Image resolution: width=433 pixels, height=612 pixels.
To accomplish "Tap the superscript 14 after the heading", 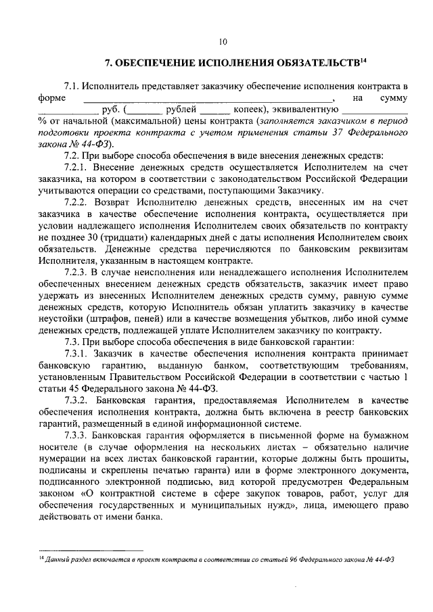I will tap(363, 62).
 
